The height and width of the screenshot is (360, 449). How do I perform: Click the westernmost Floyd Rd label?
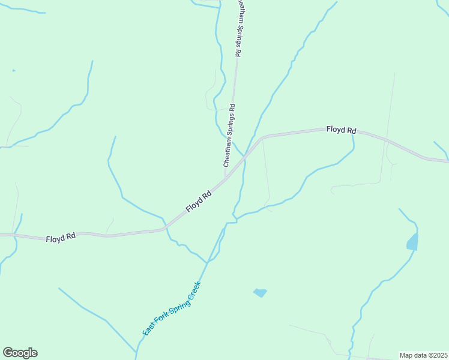pos(61,238)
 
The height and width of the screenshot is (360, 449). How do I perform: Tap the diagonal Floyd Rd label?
pos(199,201)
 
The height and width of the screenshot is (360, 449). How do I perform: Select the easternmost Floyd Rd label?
pos(342,130)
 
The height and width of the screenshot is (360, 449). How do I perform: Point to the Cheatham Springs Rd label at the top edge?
pos(238,28)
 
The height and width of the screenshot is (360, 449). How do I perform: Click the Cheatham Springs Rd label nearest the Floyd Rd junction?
pos(228,135)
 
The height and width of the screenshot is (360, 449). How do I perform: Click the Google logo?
pos(20,353)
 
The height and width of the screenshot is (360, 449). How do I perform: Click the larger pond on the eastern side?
pos(412,242)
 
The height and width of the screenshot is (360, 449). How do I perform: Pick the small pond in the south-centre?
pos(260,293)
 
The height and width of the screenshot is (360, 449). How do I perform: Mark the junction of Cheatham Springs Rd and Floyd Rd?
pos(226,179)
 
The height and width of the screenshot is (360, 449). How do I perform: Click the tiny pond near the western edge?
pos(14,71)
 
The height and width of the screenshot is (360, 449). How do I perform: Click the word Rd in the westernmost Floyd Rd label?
pos(71,237)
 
